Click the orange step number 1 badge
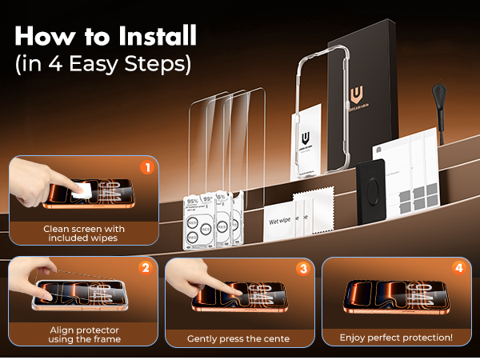146,167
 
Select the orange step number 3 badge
302,268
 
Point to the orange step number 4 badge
458,268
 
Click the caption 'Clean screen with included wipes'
84,234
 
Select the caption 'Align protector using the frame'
84,334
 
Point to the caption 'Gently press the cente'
238,339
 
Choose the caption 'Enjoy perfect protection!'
396,338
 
